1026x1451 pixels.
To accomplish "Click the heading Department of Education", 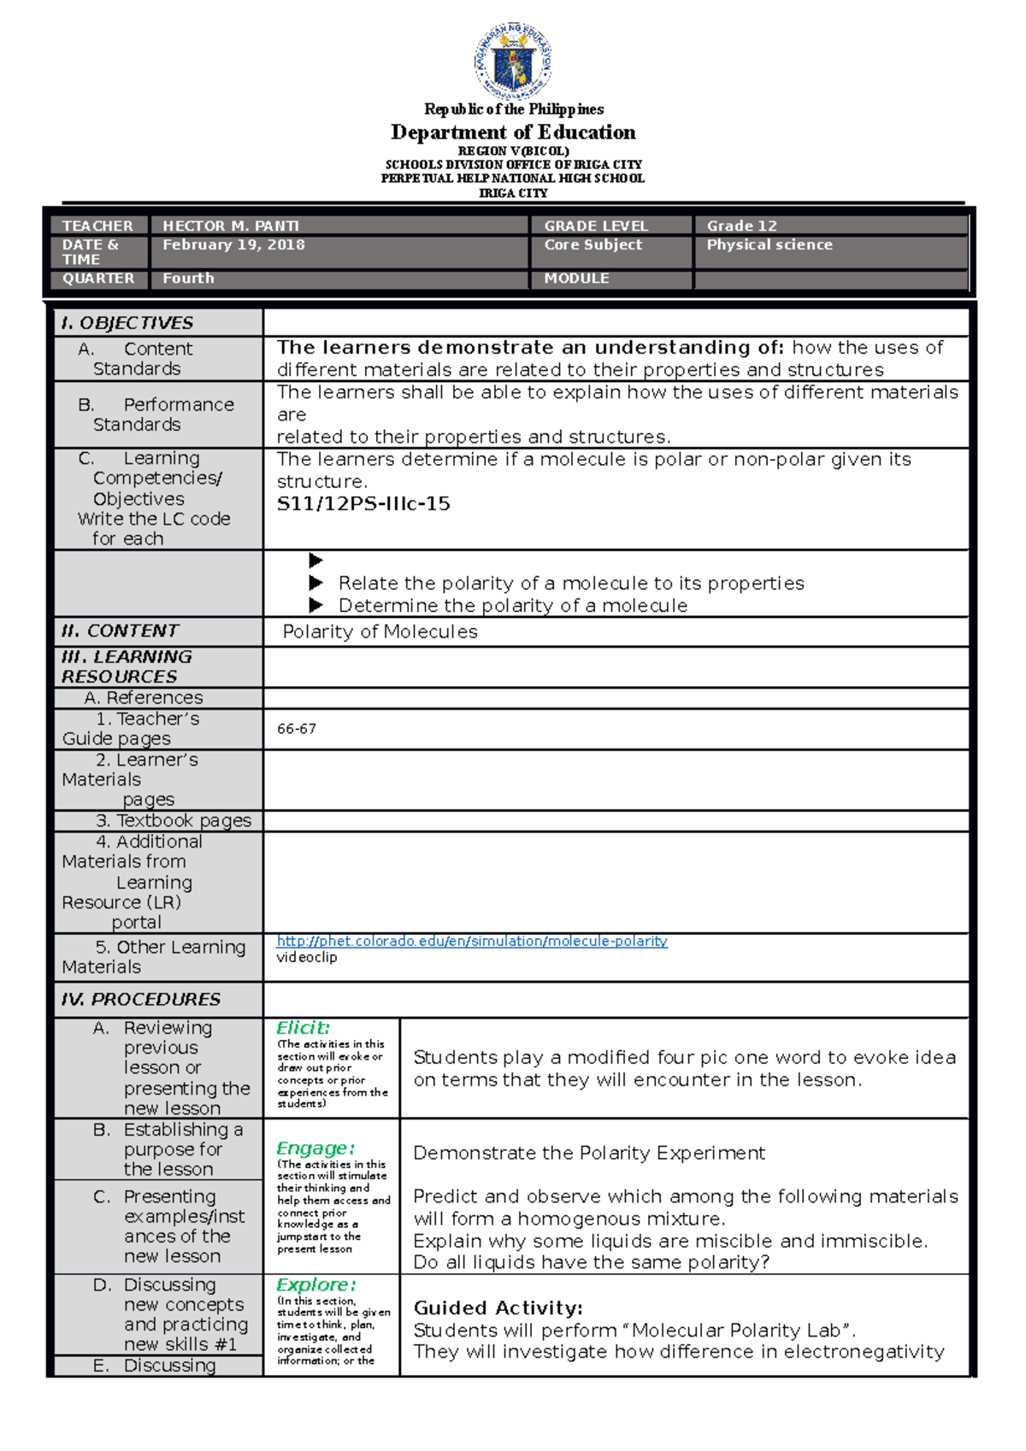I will tap(513, 132).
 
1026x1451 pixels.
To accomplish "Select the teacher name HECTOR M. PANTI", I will tap(231, 226).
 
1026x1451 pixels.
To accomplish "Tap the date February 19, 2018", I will tap(233, 244).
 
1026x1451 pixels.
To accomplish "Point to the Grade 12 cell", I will tap(741, 226).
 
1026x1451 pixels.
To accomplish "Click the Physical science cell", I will tap(769, 244).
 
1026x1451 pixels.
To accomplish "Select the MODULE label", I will tap(576, 279).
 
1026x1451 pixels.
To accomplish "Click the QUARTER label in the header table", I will tap(97, 279).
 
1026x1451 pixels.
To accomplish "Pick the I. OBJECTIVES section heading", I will tap(127, 323).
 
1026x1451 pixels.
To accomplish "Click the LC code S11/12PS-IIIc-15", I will tap(363, 504).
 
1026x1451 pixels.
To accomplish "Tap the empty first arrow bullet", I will tap(315, 561).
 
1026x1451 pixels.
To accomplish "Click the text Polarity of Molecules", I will tap(380, 632).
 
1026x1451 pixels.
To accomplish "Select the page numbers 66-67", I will tap(296, 729).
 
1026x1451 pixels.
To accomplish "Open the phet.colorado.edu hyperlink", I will tap(471, 941).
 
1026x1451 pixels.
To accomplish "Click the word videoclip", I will tap(306, 957).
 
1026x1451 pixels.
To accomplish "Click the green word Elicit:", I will tap(303, 1028).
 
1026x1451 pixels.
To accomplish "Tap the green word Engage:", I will tap(315, 1148).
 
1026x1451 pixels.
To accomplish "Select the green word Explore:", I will tap(315, 1284).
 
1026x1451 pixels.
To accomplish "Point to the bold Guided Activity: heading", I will tap(498, 1308).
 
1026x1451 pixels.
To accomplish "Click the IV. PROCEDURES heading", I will tap(140, 999).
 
